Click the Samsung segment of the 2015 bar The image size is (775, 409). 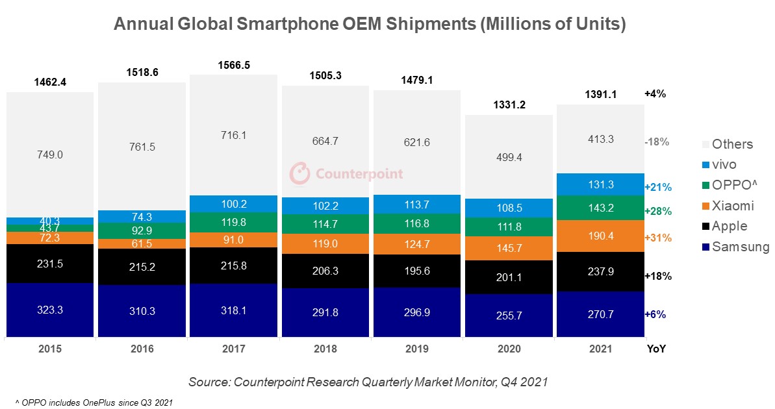point(50,310)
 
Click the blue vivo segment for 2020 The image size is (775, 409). point(509,208)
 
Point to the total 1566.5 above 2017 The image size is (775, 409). point(233,66)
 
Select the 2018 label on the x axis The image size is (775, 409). point(325,349)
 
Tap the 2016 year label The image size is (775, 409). point(142,349)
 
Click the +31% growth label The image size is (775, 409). point(657,238)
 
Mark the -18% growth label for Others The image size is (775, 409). point(657,142)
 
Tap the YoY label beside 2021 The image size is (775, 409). point(656,349)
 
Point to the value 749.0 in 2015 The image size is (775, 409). point(50,155)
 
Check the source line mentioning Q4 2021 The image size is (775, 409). point(368,382)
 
